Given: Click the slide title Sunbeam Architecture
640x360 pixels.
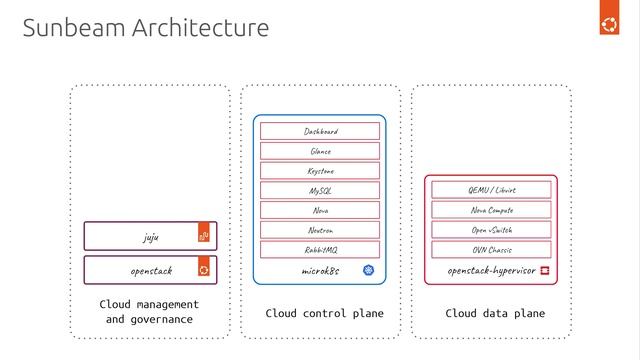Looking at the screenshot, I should (146, 28).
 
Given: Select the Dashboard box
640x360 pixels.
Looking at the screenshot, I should (320, 131).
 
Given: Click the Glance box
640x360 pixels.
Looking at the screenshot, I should (320, 151).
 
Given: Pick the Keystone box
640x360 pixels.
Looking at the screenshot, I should (320, 171).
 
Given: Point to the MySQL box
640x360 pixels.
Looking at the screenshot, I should (320, 190).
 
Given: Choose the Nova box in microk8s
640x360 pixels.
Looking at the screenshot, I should (320, 210).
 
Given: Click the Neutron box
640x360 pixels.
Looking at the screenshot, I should (320, 230).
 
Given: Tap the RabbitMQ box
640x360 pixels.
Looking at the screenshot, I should (320, 249).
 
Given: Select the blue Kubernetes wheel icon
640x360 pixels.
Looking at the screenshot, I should (368, 271).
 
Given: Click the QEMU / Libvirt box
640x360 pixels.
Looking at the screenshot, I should (491, 190).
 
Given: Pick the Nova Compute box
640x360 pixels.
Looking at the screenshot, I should (491, 210).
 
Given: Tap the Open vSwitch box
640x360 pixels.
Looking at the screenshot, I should (491, 230).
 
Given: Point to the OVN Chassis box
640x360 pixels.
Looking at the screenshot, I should (491, 249).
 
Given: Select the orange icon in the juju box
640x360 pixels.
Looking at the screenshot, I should (204, 236).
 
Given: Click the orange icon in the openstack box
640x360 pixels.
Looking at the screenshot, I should (204, 270).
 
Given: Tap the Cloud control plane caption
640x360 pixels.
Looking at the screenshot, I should (324, 313).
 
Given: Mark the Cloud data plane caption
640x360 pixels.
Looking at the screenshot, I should (495, 313).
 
